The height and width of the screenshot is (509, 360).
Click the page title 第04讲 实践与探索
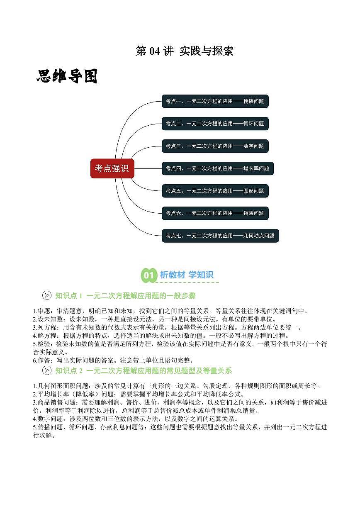point(184,51)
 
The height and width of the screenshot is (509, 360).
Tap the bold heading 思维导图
point(67,76)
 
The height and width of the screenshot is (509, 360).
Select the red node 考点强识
point(112,168)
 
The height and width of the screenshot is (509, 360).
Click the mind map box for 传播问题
point(215,101)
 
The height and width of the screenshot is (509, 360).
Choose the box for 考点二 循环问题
point(215,124)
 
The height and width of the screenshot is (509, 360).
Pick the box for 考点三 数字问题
point(215,146)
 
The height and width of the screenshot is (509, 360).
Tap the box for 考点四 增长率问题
point(218,168)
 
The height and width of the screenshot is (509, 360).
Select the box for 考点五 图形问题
point(215,191)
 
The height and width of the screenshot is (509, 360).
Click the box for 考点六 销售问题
point(215,213)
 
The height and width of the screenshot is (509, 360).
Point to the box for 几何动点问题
point(220,236)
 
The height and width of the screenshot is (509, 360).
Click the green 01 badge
point(149,275)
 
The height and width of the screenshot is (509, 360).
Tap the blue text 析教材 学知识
point(187,275)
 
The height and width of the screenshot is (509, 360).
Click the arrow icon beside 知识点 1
point(47,295)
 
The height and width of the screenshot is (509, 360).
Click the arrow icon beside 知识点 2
point(47,370)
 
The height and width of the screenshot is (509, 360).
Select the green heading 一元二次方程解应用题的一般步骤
point(141,296)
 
